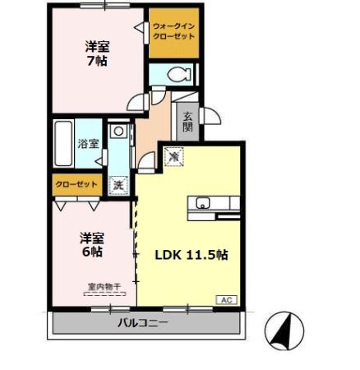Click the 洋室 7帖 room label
tap(98, 53)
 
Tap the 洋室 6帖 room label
tap(91, 245)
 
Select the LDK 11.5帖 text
tap(192, 255)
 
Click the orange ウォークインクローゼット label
tap(174, 32)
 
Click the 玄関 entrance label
tap(188, 122)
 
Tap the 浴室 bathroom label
tap(89, 143)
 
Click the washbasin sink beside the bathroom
tap(118, 130)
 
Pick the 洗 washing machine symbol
tap(118, 185)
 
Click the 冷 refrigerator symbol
tap(174, 155)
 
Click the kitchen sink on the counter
tap(202, 204)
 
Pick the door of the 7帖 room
tap(137, 102)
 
